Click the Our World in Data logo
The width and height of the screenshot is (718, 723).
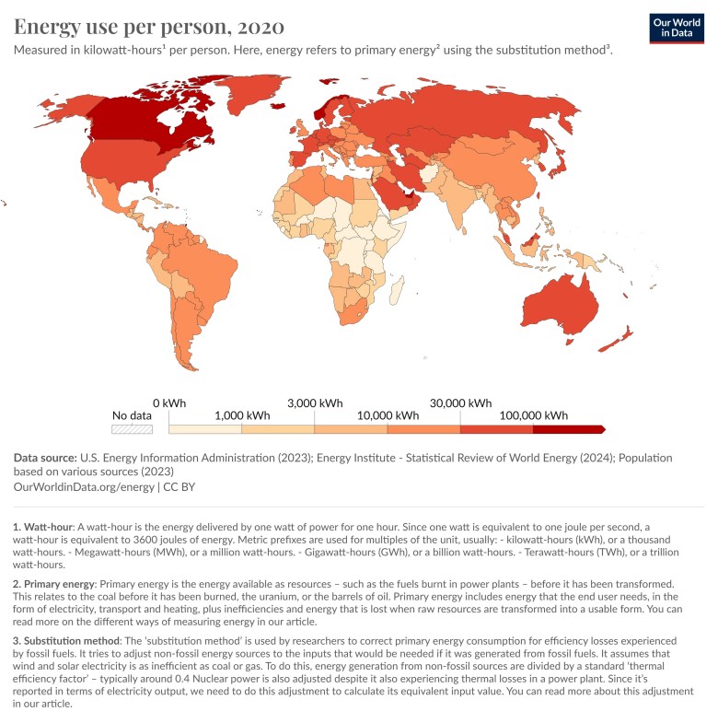(x=677, y=28)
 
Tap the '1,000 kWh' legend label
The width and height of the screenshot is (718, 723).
(x=241, y=415)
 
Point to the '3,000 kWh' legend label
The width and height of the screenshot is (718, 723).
(x=315, y=402)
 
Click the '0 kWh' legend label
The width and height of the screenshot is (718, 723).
(x=169, y=402)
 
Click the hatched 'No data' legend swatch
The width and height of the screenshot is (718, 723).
(x=132, y=429)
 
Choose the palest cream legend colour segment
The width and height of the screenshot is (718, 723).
(x=205, y=429)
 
